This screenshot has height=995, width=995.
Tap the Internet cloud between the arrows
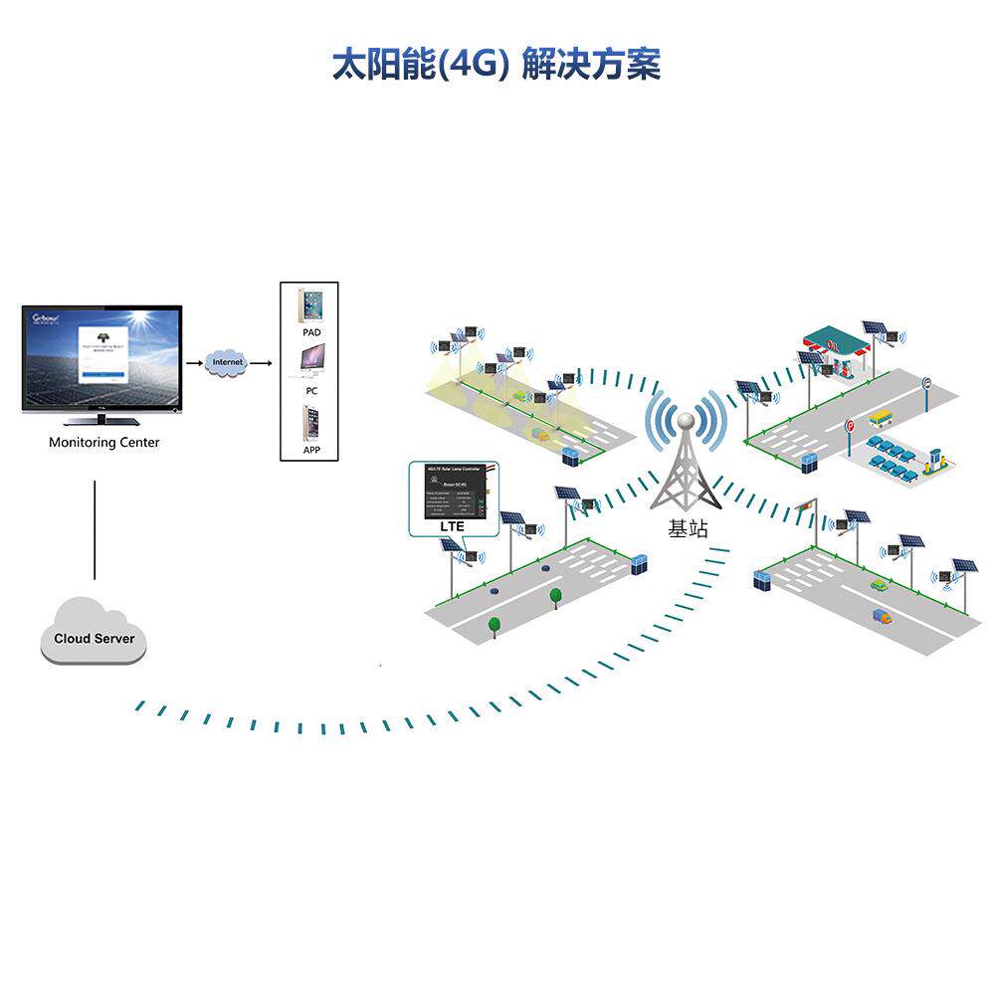tap(228, 363)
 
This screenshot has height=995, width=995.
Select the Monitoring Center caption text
tap(103, 442)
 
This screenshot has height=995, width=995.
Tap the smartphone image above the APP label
tap(312, 424)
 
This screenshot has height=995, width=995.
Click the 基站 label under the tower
tap(688, 529)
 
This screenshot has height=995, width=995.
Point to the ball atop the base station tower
tap(687, 417)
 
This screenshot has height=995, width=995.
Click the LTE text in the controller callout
tap(453, 524)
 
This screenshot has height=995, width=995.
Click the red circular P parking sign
tap(849, 426)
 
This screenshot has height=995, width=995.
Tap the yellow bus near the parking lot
tap(881, 419)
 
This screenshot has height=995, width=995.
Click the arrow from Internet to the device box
tap(261, 363)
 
